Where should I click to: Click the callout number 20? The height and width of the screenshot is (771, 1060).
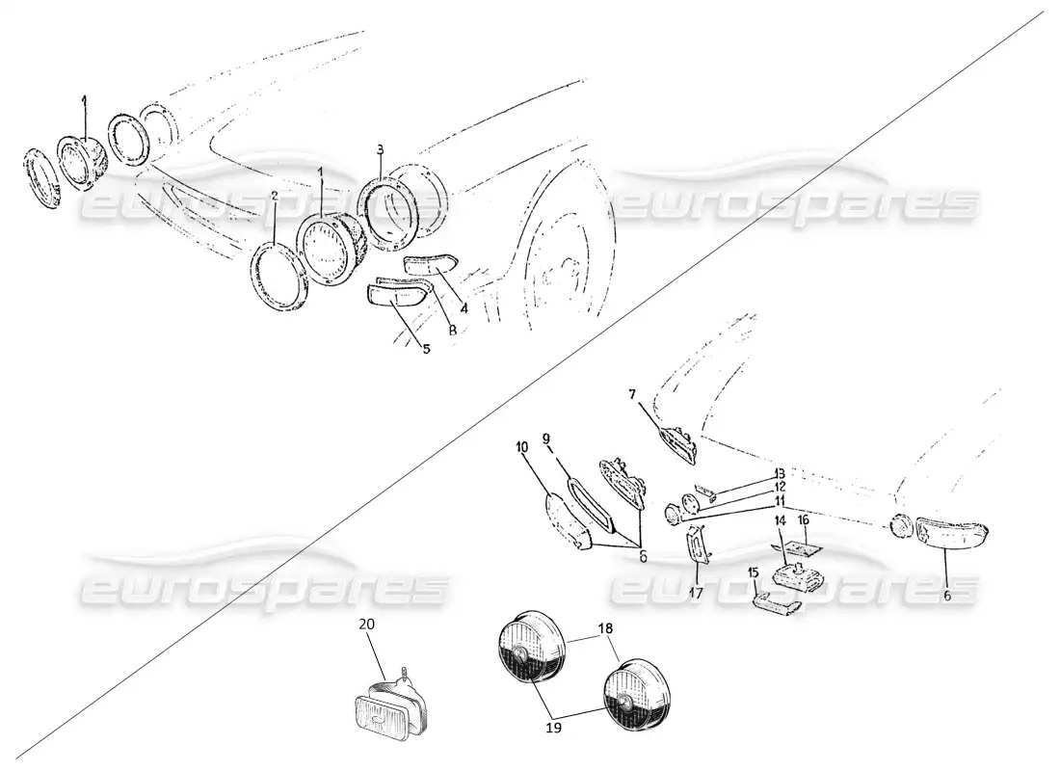click(x=366, y=624)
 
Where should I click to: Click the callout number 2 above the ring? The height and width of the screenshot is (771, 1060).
click(x=275, y=195)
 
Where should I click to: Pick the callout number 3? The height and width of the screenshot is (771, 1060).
click(x=381, y=149)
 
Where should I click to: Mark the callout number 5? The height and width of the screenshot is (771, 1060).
click(x=425, y=348)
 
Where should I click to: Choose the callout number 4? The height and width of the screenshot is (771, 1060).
click(x=464, y=308)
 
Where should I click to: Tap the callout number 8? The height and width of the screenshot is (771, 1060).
click(x=451, y=331)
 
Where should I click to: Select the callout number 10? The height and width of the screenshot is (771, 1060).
click(x=521, y=446)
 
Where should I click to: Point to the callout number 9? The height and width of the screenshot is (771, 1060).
click(x=546, y=439)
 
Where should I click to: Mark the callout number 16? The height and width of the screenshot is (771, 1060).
click(x=803, y=519)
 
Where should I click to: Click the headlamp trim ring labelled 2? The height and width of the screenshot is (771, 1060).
click(x=279, y=277)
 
